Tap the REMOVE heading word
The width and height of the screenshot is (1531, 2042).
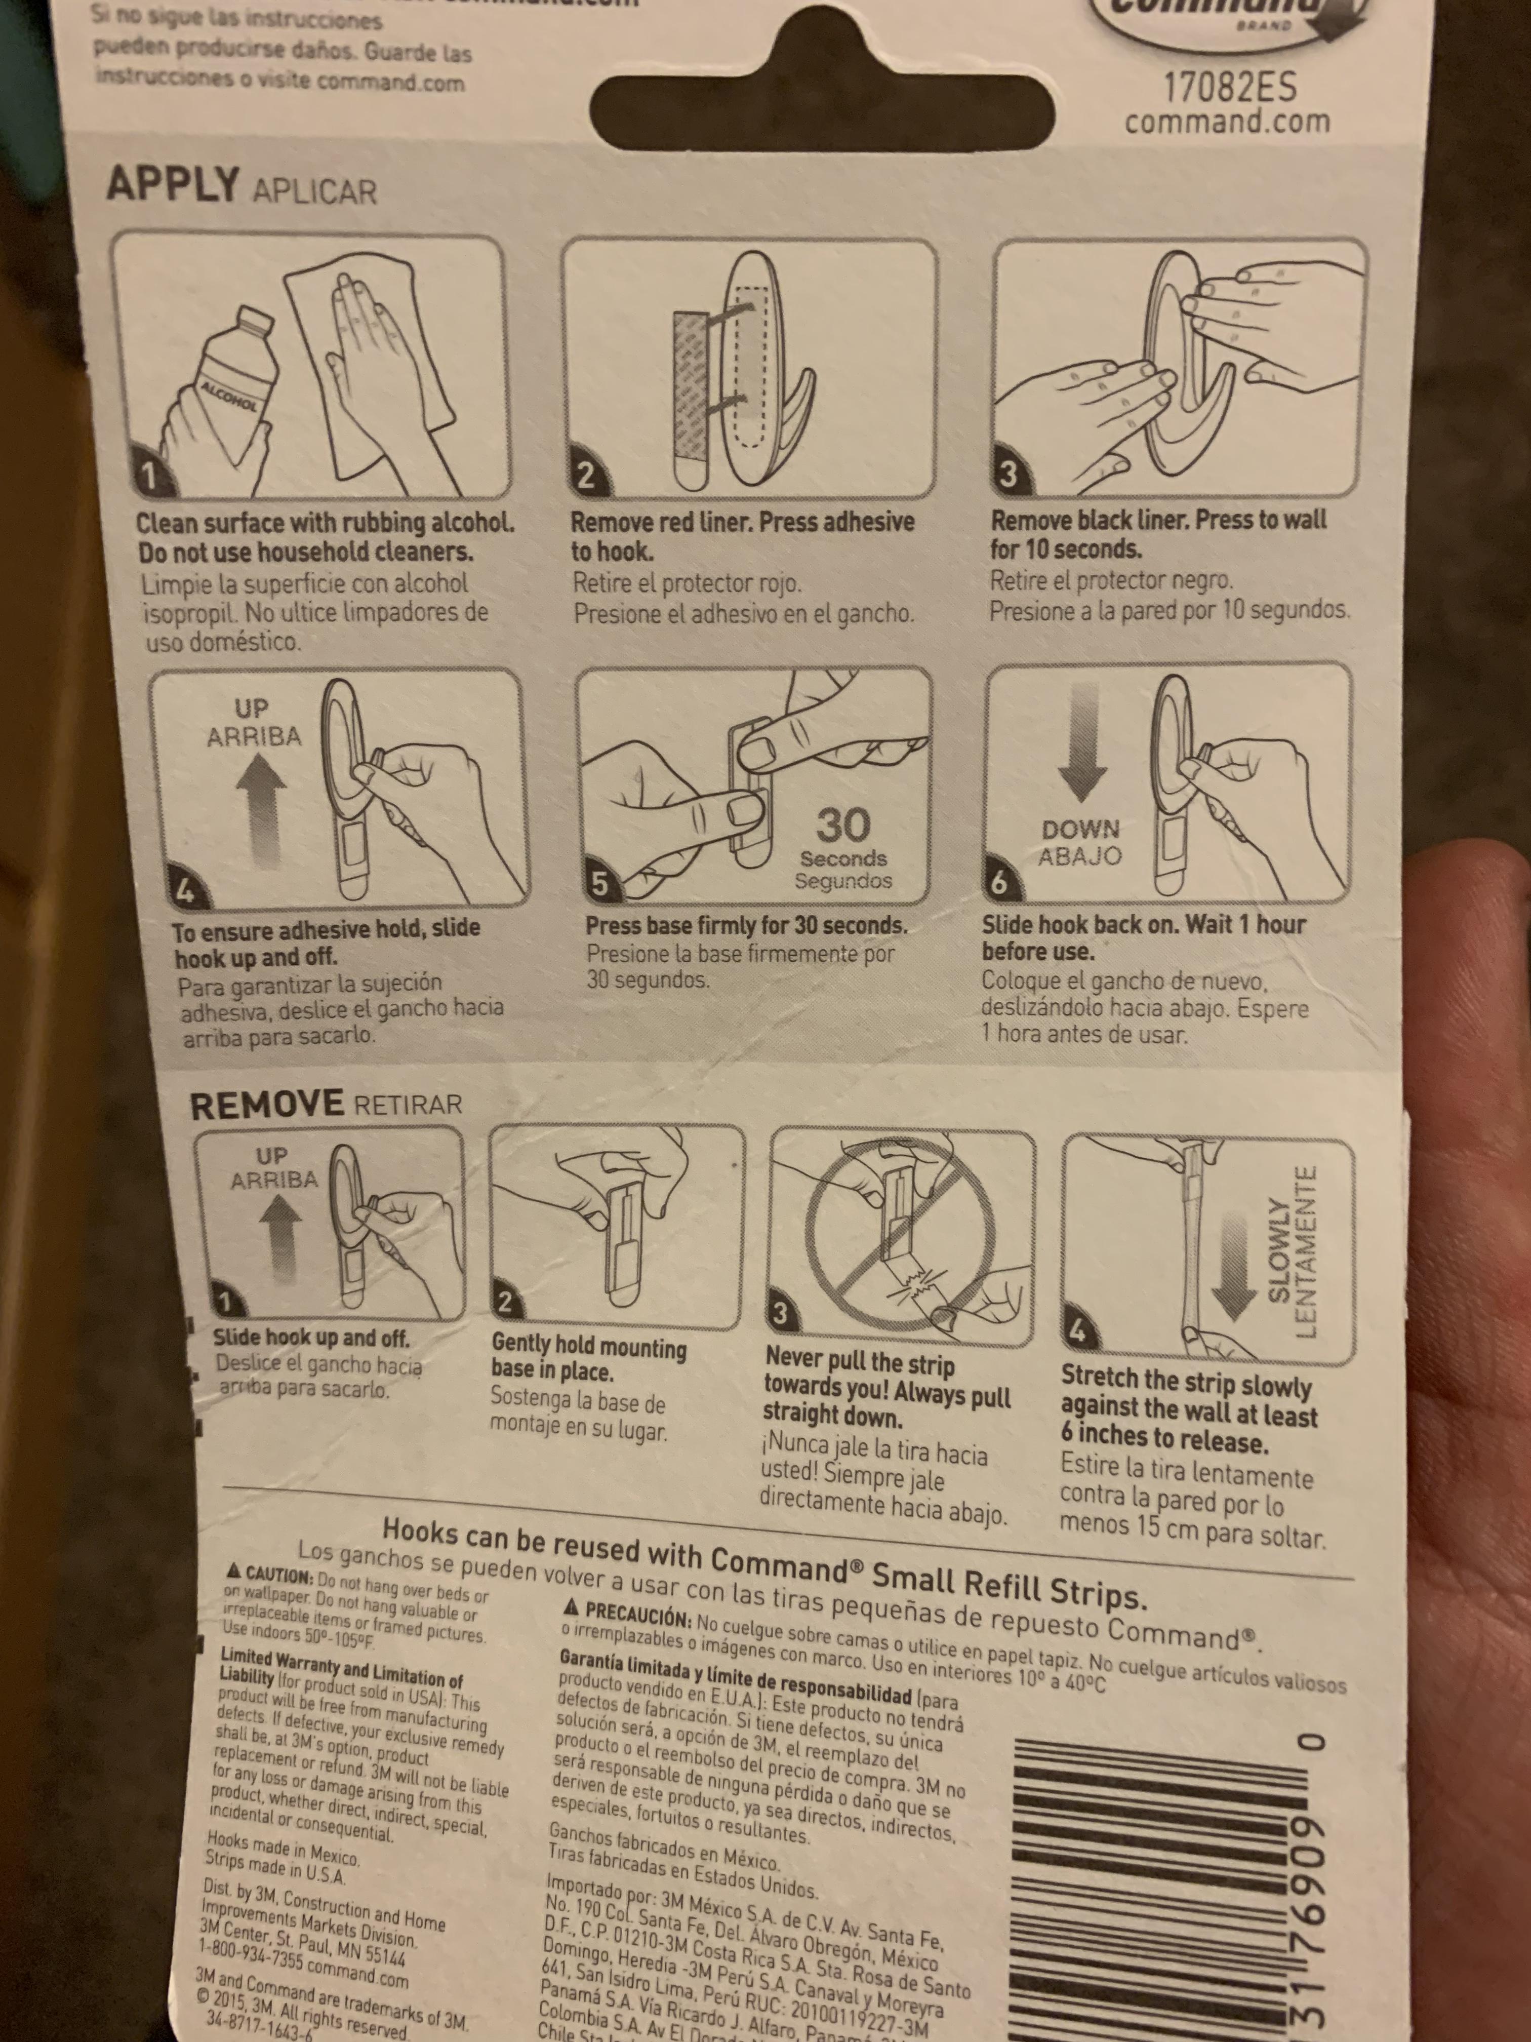click(266, 1104)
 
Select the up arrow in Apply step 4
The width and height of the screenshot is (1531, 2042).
click(261, 808)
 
